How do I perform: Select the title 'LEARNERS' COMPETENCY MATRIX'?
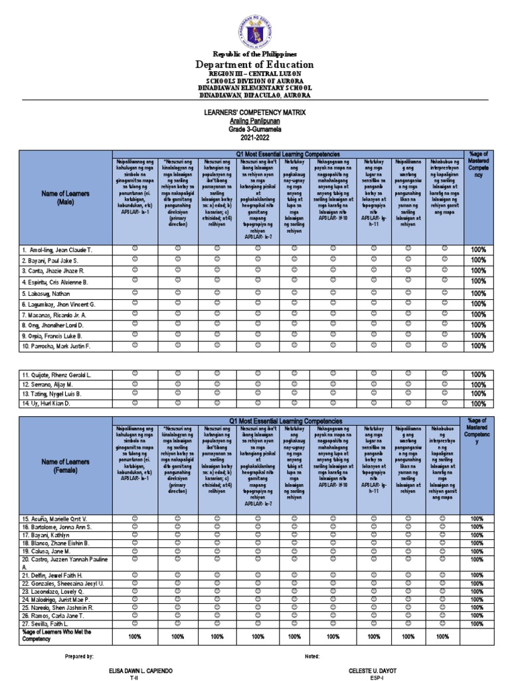click(x=254, y=113)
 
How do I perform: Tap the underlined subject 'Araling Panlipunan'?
click(x=254, y=121)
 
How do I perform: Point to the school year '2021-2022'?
click(x=254, y=137)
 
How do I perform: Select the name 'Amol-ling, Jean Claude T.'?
click(x=58, y=249)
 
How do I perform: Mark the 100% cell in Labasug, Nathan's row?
click(x=478, y=293)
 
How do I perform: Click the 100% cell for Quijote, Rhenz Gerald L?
click(x=478, y=375)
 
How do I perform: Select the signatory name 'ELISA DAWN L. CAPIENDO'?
click(x=141, y=671)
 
